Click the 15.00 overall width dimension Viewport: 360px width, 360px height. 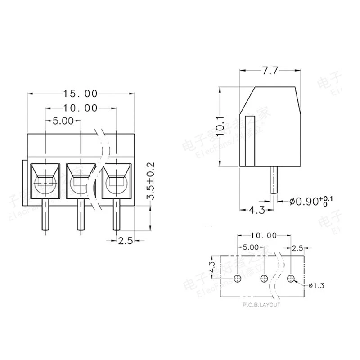(81, 94)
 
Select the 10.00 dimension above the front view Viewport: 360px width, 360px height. (81, 108)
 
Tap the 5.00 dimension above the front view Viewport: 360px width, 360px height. (63, 121)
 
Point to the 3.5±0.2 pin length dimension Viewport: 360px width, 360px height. (151, 181)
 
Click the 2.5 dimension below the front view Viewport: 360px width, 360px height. (126, 241)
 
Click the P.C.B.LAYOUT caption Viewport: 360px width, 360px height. (261, 305)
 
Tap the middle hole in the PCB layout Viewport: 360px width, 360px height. (265, 279)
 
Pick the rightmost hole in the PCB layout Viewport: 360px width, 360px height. (291, 279)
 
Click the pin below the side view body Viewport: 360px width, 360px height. (274, 180)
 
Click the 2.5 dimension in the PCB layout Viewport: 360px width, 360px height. (297, 248)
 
